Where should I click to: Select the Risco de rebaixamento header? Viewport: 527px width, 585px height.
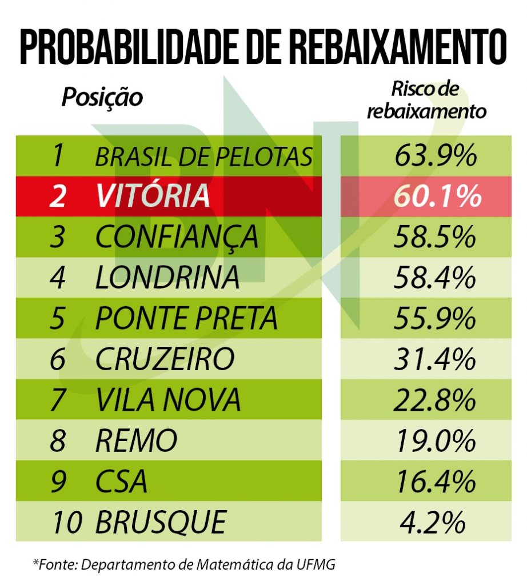coord(426,99)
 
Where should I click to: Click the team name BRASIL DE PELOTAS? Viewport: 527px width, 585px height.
coord(203,157)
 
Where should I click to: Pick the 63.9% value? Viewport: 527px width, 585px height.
coord(435,157)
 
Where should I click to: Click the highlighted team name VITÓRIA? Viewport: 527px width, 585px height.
coord(153,196)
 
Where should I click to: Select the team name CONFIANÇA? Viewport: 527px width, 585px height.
coord(177,237)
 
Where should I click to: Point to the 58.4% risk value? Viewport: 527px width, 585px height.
coord(435,278)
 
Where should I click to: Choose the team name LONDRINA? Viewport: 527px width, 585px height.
coord(167,278)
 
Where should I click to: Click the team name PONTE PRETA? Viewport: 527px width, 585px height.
coord(186,318)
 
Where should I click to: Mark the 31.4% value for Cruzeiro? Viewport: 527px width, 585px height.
coord(435,359)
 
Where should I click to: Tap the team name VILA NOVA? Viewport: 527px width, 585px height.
coord(167,400)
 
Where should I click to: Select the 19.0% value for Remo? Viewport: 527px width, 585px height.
coord(435,440)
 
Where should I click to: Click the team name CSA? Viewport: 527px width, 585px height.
coord(121,481)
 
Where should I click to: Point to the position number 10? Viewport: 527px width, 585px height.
coord(67,522)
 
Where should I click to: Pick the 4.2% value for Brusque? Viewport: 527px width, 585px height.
coord(435,522)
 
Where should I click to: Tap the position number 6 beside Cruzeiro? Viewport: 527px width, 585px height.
coord(58,359)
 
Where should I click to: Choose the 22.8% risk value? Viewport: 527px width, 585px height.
coord(435,400)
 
